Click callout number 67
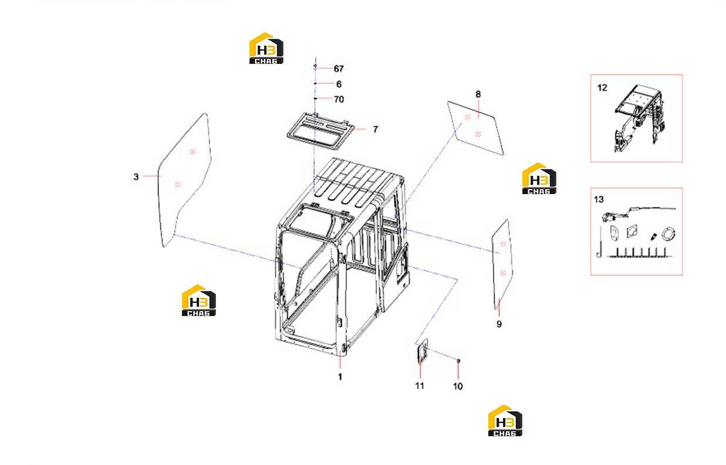(339, 69)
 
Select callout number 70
(339, 99)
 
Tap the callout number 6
(339, 84)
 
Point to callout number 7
(375, 129)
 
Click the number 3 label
(136, 177)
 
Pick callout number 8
(478, 94)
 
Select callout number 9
(499, 324)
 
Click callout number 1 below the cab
(340, 377)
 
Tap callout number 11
(420, 386)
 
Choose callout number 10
(458, 386)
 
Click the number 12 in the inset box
(602, 88)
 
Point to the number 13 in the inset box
(599, 199)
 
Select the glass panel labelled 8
(475, 128)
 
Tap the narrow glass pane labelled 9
(502, 264)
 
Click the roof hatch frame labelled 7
(320, 131)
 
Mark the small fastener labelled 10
(458, 361)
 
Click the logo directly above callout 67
(266, 48)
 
